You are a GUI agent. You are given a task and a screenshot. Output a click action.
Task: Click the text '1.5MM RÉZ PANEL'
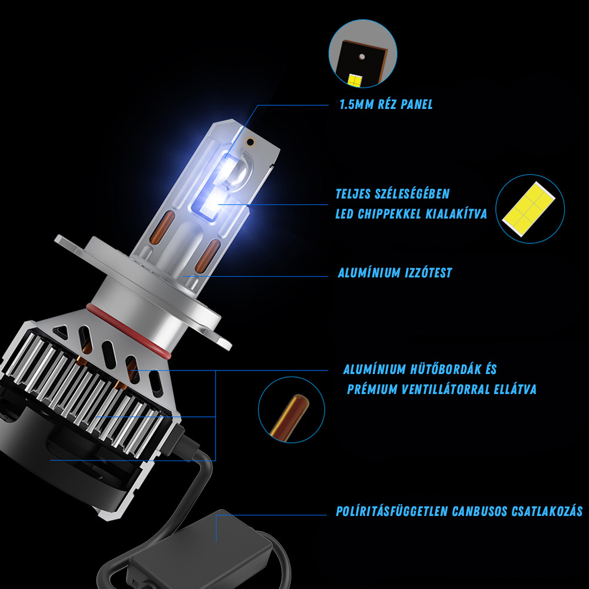[x=386, y=104]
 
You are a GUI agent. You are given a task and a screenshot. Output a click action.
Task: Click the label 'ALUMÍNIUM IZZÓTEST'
[x=395, y=273]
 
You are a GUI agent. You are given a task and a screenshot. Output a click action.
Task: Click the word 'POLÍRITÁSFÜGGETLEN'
[x=392, y=511]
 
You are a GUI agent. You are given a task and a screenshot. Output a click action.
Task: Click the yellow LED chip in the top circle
[x=355, y=80]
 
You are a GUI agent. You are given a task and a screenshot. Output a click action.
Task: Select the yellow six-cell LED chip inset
[x=528, y=209]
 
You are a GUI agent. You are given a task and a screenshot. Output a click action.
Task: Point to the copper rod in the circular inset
[x=289, y=416]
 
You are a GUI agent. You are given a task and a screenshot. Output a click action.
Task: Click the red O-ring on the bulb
[x=128, y=329]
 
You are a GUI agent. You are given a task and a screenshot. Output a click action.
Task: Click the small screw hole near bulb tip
[x=250, y=142]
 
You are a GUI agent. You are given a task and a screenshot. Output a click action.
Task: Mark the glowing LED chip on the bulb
[x=207, y=205]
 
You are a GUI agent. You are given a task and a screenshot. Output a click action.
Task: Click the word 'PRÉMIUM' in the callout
[x=372, y=389]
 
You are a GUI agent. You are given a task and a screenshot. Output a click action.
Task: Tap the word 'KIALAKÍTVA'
[x=456, y=214]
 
